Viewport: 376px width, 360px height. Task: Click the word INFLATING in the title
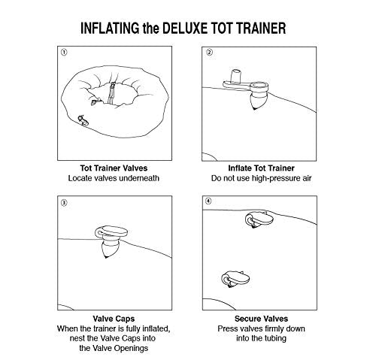click(110, 28)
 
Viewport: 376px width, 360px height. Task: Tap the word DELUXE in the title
click(185, 28)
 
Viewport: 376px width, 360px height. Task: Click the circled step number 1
click(64, 53)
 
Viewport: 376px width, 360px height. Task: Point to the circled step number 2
click(209, 53)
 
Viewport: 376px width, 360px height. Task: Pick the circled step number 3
click(64, 202)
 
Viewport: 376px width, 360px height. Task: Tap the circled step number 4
click(208, 201)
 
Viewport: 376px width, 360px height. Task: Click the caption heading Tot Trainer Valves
click(114, 168)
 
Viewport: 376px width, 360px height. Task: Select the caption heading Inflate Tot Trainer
click(261, 168)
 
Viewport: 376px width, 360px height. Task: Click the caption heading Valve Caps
click(114, 319)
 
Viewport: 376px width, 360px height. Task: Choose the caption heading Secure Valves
click(261, 319)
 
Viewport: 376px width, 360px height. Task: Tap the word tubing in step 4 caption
click(274, 338)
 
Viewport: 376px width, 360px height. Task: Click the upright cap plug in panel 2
click(236, 76)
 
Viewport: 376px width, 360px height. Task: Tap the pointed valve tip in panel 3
click(106, 256)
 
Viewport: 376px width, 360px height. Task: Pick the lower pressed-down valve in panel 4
click(235, 279)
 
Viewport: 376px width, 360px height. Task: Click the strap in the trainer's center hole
click(111, 93)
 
